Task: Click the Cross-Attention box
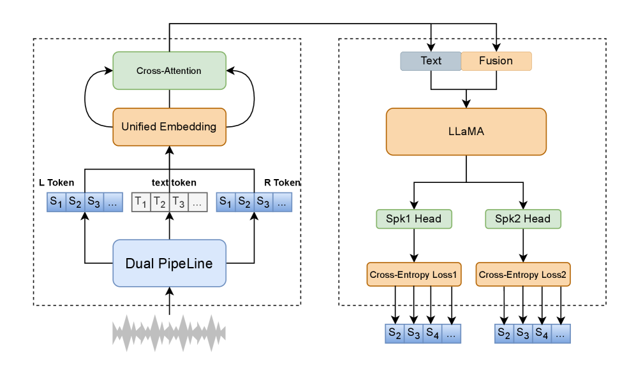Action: click(169, 71)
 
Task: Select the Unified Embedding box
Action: click(169, 126)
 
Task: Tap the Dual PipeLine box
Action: click(169, 263)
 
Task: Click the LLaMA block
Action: click(466, 131)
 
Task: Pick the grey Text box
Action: click(431, 61)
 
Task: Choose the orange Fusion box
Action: click(496, 61)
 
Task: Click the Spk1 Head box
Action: click(414, 219)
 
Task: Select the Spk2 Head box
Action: click(522, 219)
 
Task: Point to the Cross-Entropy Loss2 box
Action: click(523, 275)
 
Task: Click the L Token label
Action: click(57, 183)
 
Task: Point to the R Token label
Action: click(282, 183)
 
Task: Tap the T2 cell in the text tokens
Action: click(159, 203)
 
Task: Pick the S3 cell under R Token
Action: click(263, 202)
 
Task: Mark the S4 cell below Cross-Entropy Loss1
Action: click(432, 333)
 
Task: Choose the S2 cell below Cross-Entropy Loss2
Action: click(504, 333)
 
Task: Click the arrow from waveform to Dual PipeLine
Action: click(169, 301)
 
